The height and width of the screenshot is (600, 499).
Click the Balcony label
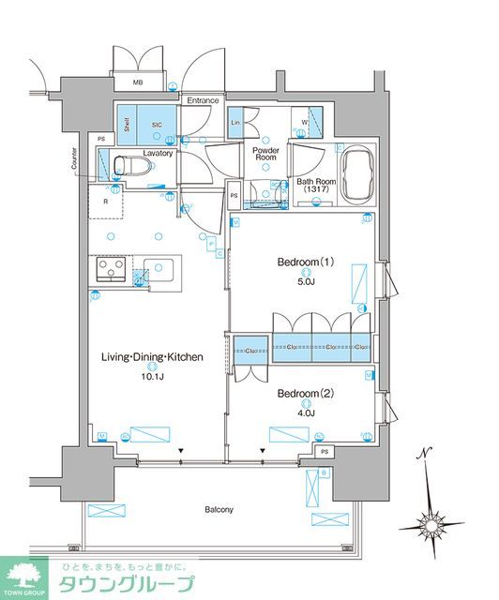click(x=220, y=509)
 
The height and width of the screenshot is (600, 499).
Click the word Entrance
click(x=202, y=100)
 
